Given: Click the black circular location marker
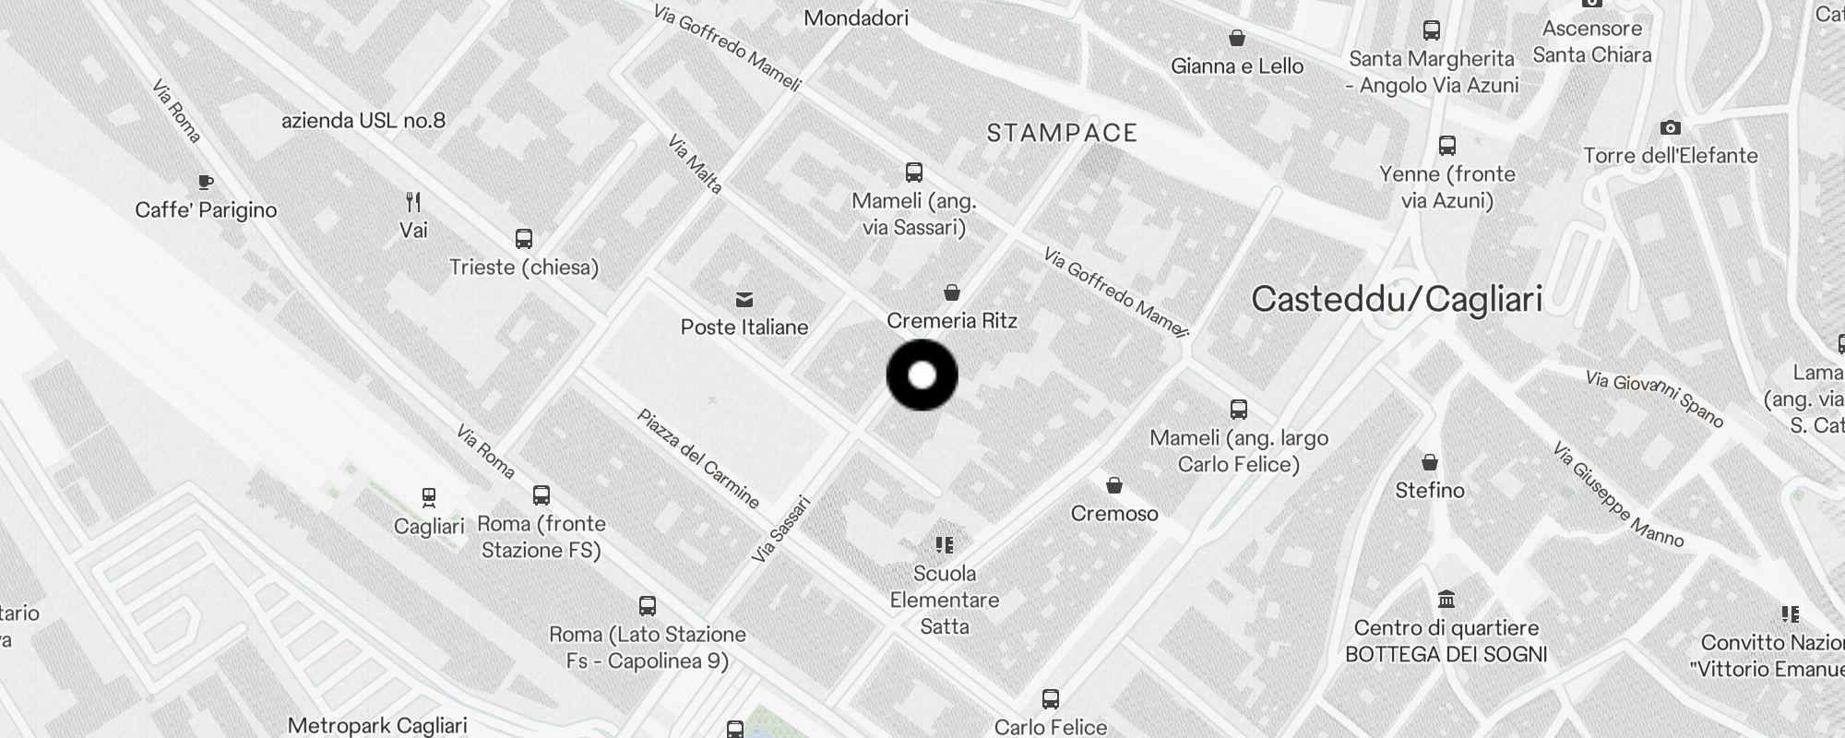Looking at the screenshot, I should tap(922, 375).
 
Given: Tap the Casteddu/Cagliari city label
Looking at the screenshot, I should tap(1397, 299).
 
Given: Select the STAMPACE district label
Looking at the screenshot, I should tap(1062, 133).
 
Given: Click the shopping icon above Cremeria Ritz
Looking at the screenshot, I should tap(952, 292).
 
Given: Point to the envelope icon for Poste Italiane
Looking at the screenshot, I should tap(744, 299).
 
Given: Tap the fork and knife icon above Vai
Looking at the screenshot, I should tap(413, 201).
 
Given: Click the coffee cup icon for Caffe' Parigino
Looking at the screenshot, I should tap(206, 182).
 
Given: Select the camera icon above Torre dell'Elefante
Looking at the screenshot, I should tap(1670, 127).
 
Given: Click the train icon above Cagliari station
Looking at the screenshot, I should tap(429, 498).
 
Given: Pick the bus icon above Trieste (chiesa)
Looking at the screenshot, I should tap(524, 239).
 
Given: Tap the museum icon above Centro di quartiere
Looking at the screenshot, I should tap(1446, 600).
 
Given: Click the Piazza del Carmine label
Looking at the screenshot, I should tap(698, 458).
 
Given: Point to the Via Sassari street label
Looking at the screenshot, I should tap(780, 529).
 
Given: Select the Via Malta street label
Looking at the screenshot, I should tap(695, 164).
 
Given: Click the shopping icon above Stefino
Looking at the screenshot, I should tap(1429, 461).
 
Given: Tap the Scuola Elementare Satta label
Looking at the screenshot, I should tap(945, 600).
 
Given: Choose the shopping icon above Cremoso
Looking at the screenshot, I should tap(1114, 485).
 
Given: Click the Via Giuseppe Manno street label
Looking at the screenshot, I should tap(1618, 494).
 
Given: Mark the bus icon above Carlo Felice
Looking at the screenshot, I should tap(1051, 698).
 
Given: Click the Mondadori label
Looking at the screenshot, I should tap(856, 18).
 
